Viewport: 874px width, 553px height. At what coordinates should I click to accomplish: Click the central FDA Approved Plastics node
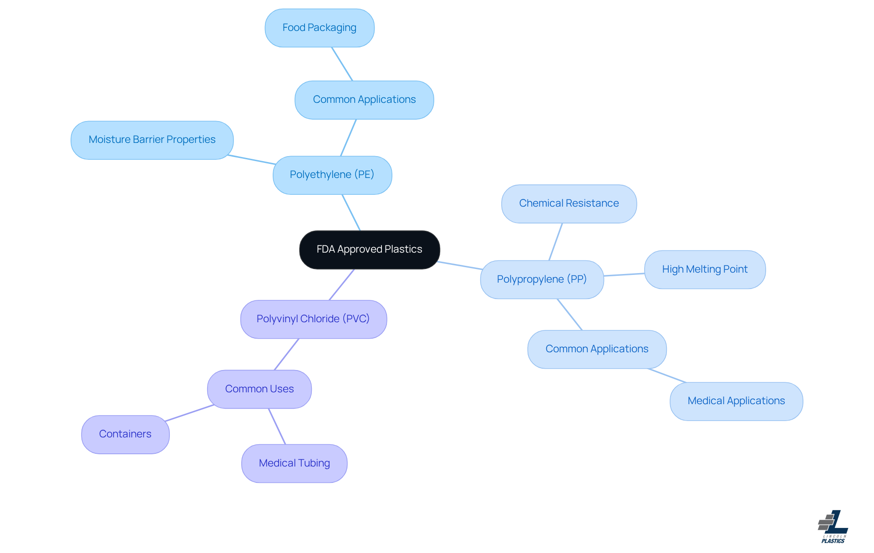pyautogui.click(x=369, y=249)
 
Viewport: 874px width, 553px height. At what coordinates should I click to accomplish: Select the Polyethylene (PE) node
pyautogui.click(x=332, y=175)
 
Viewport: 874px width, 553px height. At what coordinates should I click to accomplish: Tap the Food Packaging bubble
pyautogui.click(x=319, y=28)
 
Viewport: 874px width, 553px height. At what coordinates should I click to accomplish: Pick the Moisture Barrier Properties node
pyautogui.click(x=152, y=140)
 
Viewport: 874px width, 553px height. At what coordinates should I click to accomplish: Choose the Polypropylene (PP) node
pyautogui.click(x=542, y=279)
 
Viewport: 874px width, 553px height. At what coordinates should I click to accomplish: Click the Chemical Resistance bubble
pyautogui.click(x=569, y=203)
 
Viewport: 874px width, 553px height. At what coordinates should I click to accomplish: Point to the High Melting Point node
pyautogui.click(x=704, y=269)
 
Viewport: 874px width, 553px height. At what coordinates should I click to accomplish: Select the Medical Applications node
pyautogui.click(x=736, y=401)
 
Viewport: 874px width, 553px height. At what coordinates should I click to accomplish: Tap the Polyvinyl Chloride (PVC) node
pyautogui.click(x=313, y=319)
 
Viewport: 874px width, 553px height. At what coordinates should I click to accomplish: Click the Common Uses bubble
pyautogui.click(x=259, y=389)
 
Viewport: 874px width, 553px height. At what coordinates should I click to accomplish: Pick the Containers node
pyautogui.click(x=125, y=434)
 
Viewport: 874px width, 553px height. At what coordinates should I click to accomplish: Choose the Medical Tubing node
pyautogui.click(x=294, y=463)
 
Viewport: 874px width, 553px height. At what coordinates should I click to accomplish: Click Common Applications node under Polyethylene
pyautogui.click(x=364, y=100)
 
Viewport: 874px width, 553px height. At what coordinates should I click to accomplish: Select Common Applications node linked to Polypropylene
pyautogui.click(x=596, y=349)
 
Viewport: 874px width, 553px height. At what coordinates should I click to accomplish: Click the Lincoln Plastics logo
pyautogui.click(x=833, y=527)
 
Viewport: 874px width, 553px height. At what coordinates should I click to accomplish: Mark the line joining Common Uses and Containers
pyautogui.click(x=189, y=413)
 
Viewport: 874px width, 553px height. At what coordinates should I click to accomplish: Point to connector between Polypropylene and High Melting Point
pyautogui.click(x=624, y=274)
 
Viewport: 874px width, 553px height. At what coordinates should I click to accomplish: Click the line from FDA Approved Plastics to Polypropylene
pyautogui.click(x=460, y=265)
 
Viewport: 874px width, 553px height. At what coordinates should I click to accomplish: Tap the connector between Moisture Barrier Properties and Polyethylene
pyautogui.click(x=252, y=160)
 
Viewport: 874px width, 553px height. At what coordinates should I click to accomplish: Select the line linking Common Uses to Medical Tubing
pyautogui.click(x=277, y=426)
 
